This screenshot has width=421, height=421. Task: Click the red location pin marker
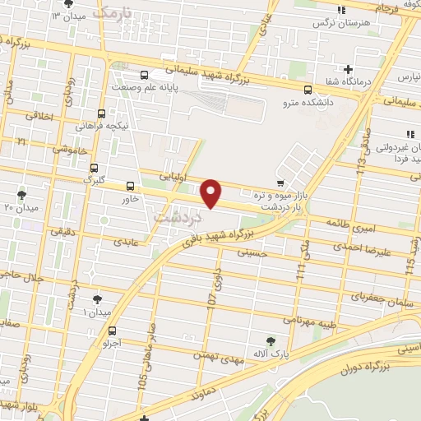212,192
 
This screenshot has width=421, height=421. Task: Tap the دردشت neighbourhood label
177,218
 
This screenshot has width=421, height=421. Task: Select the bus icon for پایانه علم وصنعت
144,74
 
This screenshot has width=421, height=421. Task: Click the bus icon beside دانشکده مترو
308,90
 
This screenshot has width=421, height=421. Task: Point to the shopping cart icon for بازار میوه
282,183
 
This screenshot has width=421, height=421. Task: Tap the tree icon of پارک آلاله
271,340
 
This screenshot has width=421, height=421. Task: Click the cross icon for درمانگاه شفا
349,69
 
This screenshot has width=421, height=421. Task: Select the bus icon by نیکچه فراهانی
101,113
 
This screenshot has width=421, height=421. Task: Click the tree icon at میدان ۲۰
21,195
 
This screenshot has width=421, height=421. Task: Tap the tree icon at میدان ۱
98,299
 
